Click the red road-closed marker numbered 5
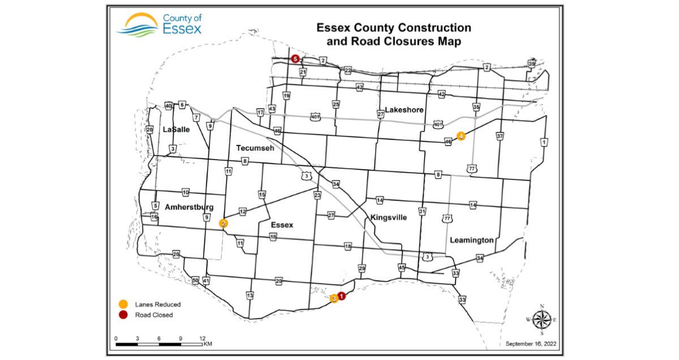pos(295,59)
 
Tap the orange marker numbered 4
pos(461,136)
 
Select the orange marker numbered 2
pos(224,223)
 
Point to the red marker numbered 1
pos(341,295)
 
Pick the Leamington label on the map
pos(471,241)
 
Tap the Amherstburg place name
pos(189,207)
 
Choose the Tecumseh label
pos(255,148)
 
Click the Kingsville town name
pos(389,217)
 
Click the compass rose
pos(542,320)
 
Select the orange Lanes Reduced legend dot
pos(123,305)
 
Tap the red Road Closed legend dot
pos(123,315)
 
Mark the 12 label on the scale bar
pos(202,338)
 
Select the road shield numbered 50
pos(195,281)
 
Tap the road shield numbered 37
pos(500,136)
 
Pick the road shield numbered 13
pos(250,295)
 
